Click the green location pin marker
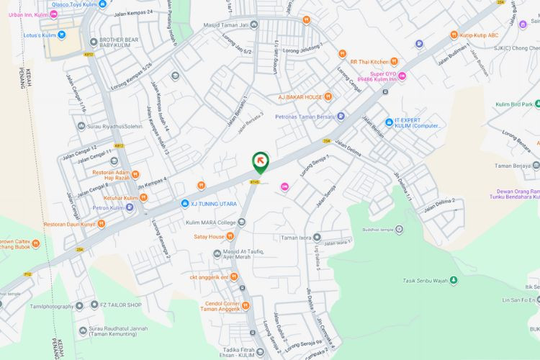(x=261, y=163)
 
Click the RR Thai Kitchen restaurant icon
(x=394, y=61)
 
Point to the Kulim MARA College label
(x=210, y=222)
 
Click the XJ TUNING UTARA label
(x=214, y=204)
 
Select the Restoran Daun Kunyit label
(x=70, y=224)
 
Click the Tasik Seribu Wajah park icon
(x=454, y=280)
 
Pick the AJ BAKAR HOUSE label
(x=300, y=96)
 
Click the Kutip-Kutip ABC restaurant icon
(x=454, y=35)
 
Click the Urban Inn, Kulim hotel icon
(x=54, y=14)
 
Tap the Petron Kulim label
(x=109, y=208)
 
